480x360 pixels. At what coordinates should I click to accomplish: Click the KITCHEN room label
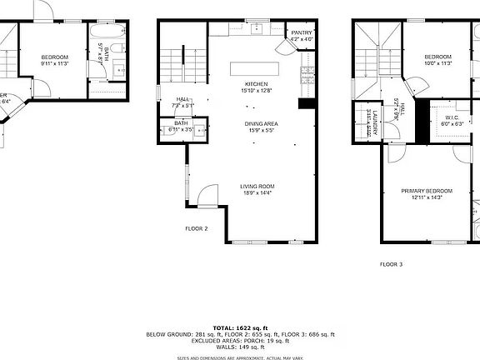click(x=255, y=83)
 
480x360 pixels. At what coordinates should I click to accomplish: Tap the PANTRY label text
click(x=301, y=32)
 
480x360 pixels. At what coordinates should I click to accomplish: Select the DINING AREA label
click(x=261, y=124)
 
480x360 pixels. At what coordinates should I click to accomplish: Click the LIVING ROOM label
click(x=258, y=187)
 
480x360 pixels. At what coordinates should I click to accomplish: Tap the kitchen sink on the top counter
click(x=257, y=30)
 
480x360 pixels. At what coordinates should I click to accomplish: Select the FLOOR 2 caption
click(x=197, y=227)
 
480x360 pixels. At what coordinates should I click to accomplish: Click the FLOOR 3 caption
click(x=391, y=263)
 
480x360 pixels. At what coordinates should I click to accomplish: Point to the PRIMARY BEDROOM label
click(x=432, y=191)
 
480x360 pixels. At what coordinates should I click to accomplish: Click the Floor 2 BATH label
click(x=181, y=123)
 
